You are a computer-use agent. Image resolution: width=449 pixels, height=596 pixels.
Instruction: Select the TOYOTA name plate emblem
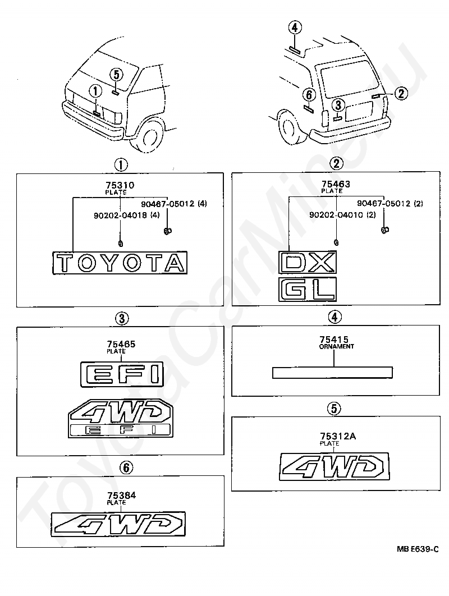pyautogui.click(x=120, y=263)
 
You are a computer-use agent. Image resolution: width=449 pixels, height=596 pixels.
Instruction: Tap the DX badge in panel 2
pyautogui.click(x=308, y=262)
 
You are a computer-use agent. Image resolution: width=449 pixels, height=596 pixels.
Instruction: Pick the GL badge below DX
pyautogui.click(x=308, y=289)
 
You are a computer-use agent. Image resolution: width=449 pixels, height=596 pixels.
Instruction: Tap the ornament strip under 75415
pyautogui.click(x=332, y=373)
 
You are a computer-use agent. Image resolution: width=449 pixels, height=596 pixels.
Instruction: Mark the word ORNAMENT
pyautogui.click(x=337, y=347)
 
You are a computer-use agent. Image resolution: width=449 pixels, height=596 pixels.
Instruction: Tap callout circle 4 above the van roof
pyautogui.click(x=296, y=27)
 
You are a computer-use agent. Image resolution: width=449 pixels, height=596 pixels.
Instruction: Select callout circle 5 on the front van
pyautogui.click(x=116, y=74)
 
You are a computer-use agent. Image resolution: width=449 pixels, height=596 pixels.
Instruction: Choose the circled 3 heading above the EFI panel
pyautogui.click(x=121, y=318)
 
